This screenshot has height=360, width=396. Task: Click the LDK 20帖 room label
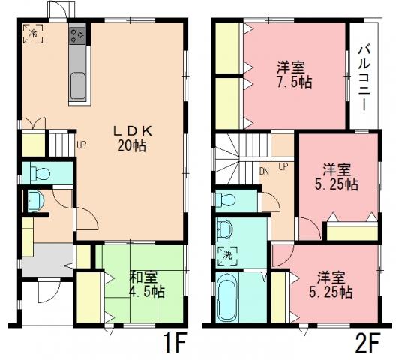[134, 137]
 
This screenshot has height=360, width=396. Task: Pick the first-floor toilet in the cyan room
[41, 174]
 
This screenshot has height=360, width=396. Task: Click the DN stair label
[265, 170]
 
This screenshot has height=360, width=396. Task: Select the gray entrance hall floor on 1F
[46, 259]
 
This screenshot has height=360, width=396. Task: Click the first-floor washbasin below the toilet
[34, 201]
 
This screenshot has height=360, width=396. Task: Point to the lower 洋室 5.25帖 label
[330, 283]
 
